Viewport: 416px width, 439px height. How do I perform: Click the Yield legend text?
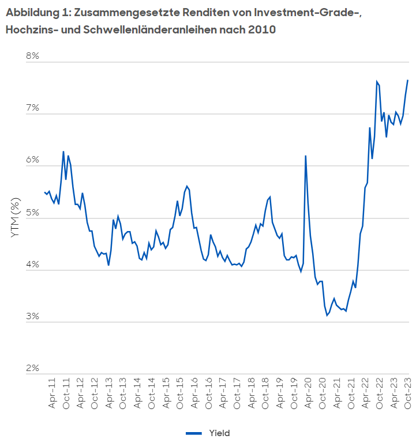pos(219,433)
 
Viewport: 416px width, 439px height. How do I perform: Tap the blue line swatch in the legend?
pos(194,433)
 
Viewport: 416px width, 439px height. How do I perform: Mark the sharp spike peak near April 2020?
pos(305,156)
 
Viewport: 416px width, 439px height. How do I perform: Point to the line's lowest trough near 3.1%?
pos(327,315)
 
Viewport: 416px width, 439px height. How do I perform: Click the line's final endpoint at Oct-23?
pos(407,80)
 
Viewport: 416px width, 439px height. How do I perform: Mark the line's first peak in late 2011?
pos(63,152)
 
